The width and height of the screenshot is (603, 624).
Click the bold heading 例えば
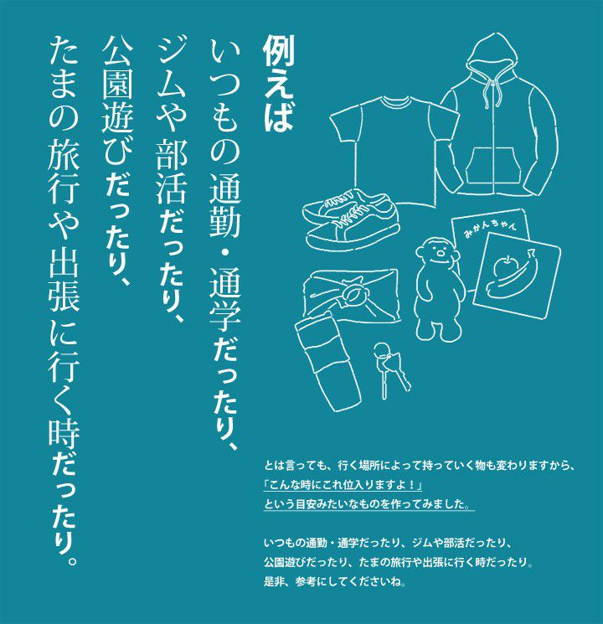pos(278,85)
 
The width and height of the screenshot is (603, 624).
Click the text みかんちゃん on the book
pos(491,230)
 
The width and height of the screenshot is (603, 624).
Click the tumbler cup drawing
pos(328,361)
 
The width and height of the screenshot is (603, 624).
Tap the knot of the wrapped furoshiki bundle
pos(350,292)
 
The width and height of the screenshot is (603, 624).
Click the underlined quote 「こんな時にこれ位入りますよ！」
pos(343,485)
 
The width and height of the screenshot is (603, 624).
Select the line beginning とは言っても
pos(420,466)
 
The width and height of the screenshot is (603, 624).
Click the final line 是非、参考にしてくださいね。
pos(335,581)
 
